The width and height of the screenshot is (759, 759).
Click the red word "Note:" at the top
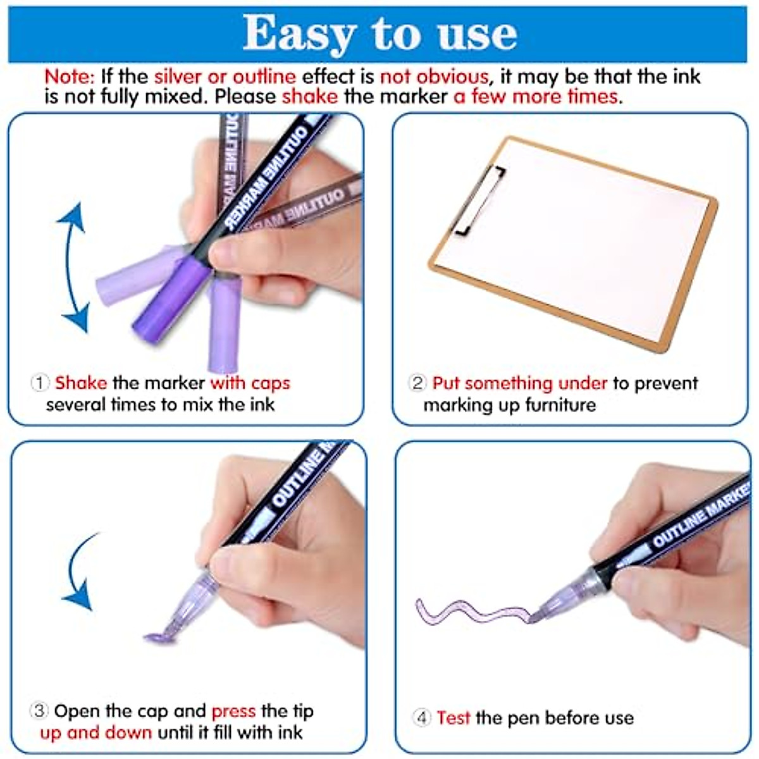(x=69, y=77)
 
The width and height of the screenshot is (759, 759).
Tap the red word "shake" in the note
(x=310, y=97)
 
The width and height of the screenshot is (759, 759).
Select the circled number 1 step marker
(x=40, y=383)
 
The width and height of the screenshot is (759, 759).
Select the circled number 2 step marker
(x=417, y=383)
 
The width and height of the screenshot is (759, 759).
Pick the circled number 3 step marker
(x=39, y=711)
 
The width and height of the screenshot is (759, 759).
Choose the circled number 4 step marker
(x=422, y=718)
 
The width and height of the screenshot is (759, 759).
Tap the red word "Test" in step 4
(x=454, y=718)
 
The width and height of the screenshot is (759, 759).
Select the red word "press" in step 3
(x=233, y=711)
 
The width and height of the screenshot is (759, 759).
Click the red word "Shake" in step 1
(x=81, y=383)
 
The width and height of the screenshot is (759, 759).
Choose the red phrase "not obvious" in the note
(x=434, y=77)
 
